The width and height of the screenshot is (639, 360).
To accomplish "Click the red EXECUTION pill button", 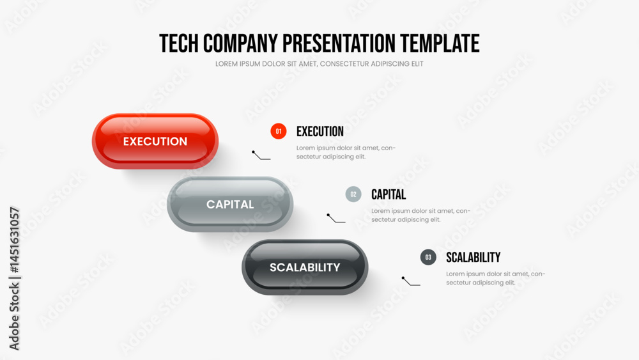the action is coord(155,141).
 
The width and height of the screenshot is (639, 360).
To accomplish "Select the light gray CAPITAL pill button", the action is coord(230,204).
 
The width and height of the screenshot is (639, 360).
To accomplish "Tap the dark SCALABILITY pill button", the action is coord(305,267).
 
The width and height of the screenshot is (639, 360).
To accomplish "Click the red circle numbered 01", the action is coord(279,131).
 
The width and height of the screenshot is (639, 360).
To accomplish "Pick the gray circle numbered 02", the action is coord(353,194).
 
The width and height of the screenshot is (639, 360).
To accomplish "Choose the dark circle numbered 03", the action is coord(428,257).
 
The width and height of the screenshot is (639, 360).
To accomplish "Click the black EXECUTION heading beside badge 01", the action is coord(320,131).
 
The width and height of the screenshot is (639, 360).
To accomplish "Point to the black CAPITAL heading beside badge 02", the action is coord(389,194).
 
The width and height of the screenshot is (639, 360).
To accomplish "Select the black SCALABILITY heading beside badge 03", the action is coord(473,257).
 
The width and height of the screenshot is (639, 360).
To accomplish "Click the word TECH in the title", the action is coord(178,43).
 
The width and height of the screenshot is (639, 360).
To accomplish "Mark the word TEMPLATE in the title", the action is coord(440,43).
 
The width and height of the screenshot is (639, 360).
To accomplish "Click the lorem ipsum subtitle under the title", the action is coord(319,63).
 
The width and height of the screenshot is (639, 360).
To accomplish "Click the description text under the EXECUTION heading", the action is coord(346,152).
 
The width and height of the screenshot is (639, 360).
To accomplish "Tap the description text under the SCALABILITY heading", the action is coord(496,278).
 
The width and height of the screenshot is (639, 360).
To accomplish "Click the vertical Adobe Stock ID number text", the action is coord(14,240).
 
